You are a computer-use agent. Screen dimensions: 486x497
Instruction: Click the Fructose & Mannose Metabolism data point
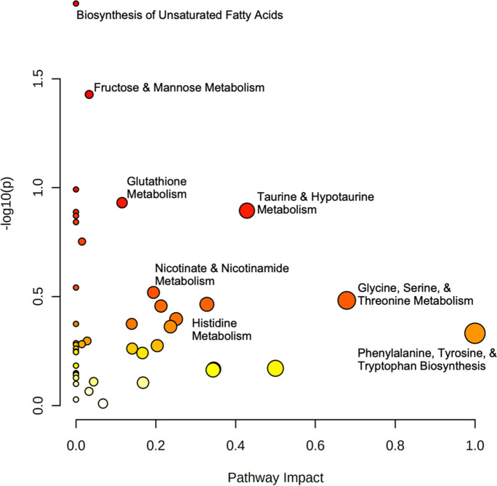pyautogui.click(x=89, y=95)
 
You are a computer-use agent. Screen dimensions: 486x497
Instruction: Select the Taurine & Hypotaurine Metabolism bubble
pyautogui.click(x=247, y=211)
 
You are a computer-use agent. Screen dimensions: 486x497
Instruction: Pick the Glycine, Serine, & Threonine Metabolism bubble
pyautogui.click(x=347, y=300)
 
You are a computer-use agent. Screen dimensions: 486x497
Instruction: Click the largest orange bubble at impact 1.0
pyautogui.click(x=474, y=333)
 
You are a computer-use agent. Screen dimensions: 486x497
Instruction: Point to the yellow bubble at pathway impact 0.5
pyautogui.click(x=275, y=368)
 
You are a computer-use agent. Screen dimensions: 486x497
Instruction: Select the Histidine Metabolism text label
pyautogui.click(x=222, y=329)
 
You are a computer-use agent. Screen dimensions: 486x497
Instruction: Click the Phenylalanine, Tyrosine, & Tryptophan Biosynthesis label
pyautogui.click(x=427, y=360)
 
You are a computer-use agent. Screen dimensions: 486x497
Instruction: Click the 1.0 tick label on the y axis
pyautogui.click(x=39, y=188)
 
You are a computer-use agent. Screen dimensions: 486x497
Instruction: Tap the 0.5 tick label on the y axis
pyautogui.click(x=39, y=297)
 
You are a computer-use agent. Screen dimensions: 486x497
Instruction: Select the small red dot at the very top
pyautogui.click(x=76, y=4)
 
